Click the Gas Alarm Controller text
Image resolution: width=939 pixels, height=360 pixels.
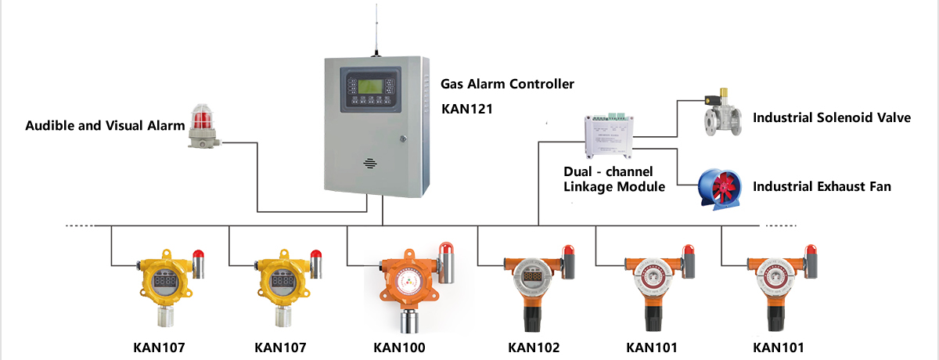(507, 84)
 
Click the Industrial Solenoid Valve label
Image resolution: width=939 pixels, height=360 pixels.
(832, 118)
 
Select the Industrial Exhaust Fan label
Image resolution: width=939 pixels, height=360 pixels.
(822, 187)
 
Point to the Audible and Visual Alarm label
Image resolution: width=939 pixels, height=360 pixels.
(105, 125)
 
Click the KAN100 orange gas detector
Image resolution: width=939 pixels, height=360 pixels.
(406, 286)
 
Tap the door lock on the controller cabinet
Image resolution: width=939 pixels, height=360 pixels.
(403, 139)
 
